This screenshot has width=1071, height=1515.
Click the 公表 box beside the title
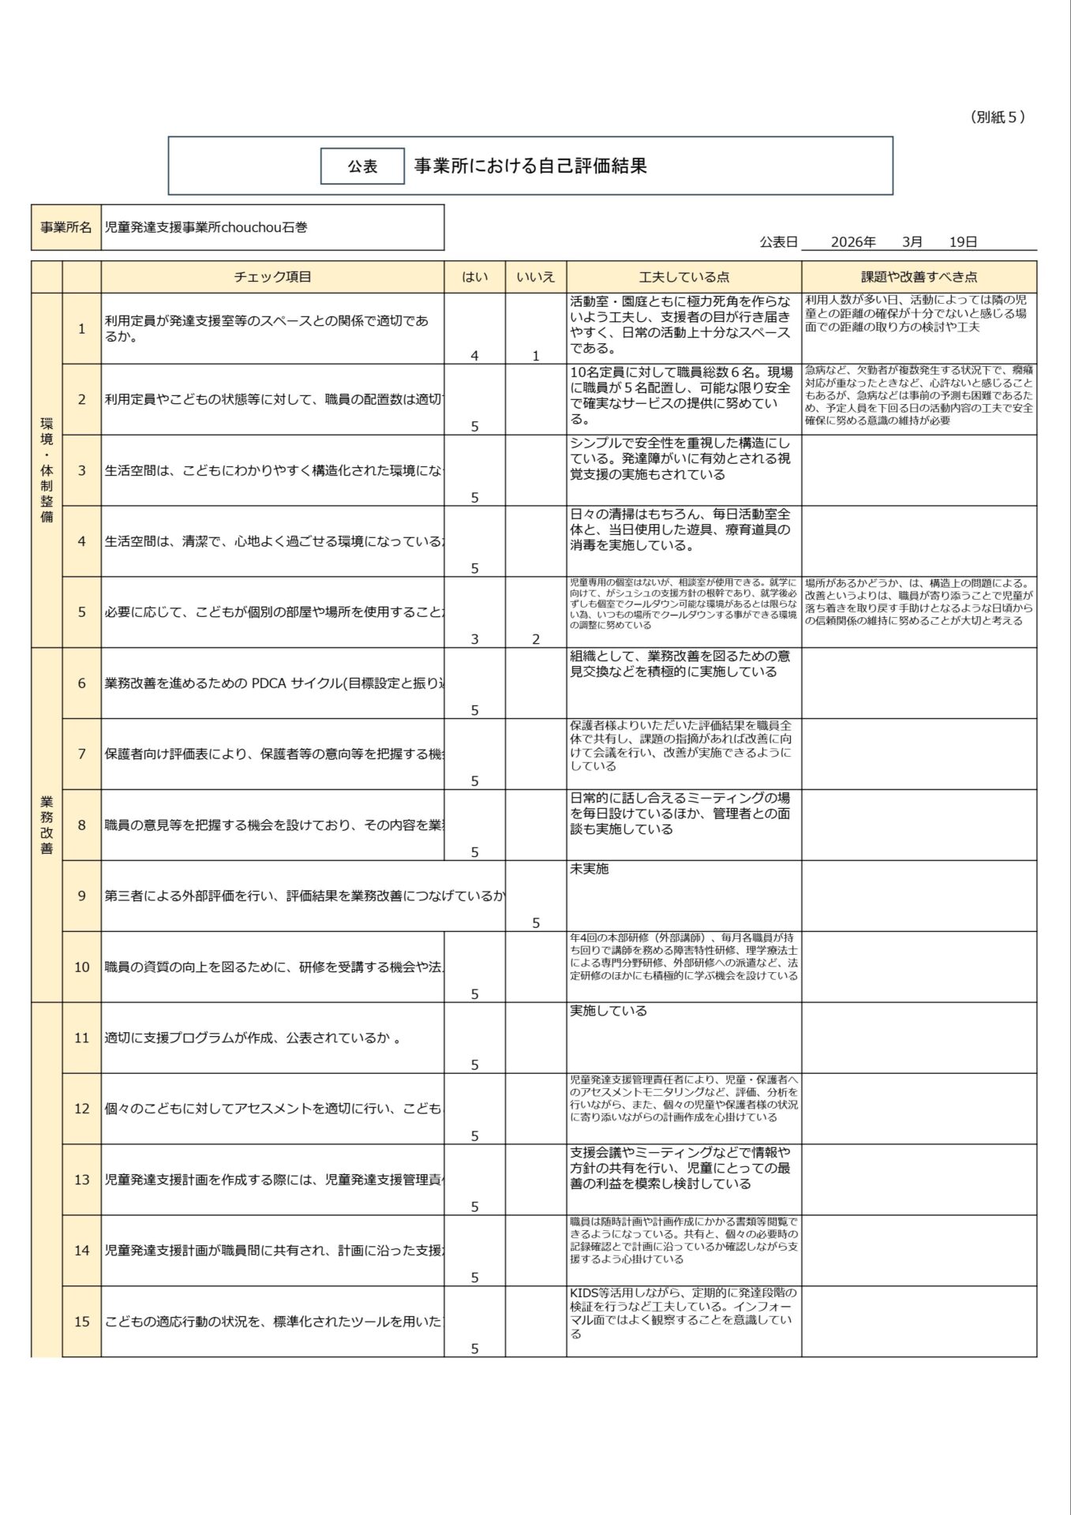click(x=362, y=166)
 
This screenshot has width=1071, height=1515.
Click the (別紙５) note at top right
click(x=998, y=117)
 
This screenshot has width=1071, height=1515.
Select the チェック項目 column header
click(x=272, y=277)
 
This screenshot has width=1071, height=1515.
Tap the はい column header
click(x=474, y=277)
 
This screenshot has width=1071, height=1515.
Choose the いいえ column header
click(x=536, y=277)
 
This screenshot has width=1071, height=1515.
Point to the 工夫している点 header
click(x=683, y=277)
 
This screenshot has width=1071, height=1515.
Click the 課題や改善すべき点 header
click(x=919, y=277)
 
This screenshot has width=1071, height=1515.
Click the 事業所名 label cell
click(x=66, y=227)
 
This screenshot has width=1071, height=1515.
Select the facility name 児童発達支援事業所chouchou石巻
click(x=206, y=227)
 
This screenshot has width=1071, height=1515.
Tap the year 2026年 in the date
click(x=853, y=242)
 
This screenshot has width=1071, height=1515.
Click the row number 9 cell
click(x=81, y=896)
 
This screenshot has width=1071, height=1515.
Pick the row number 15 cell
click(x=81, y=1322)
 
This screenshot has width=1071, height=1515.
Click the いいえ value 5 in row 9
click(x=536, y=922)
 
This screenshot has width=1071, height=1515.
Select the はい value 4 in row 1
click(x=474, y=356)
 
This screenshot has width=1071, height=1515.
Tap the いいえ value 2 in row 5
click(x=536, y=639)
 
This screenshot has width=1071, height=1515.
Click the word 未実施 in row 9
click(x=589, y=869)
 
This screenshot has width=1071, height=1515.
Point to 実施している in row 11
click(x=608, y=1011)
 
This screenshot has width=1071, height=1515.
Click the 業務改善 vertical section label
click(x=47, y=825)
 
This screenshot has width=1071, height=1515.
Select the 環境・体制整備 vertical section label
click(x=47, y=470)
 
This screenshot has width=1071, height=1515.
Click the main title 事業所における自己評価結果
click(x=530, y=166)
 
